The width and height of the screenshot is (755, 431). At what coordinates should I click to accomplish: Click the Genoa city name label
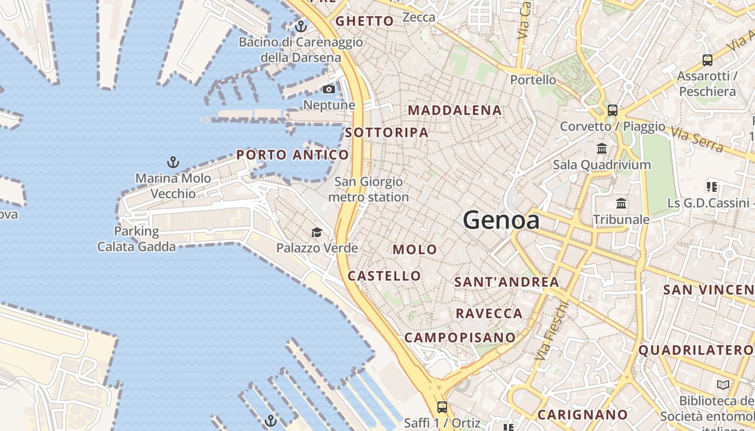coord(501,220)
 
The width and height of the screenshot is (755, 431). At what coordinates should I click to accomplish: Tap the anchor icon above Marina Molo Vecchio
coord(173,162)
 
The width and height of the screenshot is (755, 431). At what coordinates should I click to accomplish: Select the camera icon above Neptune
coord(329,89)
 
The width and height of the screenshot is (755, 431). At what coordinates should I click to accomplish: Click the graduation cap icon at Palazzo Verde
coord(317,232)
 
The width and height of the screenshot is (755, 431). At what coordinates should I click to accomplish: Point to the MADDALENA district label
coord(455,110)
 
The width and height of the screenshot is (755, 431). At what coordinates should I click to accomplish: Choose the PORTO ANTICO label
coord(292,155)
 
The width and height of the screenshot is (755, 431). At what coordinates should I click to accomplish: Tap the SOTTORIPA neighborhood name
coord(387,133)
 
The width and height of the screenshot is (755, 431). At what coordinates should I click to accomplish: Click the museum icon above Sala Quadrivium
coord(602,148)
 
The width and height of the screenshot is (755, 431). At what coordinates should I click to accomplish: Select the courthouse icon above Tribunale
coord(621,204)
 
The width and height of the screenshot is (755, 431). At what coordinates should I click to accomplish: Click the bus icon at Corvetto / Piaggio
coord(612,110)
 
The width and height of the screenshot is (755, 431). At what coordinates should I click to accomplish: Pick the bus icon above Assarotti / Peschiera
coord(707,60)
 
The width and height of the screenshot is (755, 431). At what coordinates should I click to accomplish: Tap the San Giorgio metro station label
coord(368,190)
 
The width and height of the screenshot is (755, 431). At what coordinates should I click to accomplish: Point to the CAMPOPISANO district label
coord(460,338)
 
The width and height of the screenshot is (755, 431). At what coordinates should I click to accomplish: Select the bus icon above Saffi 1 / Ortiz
coord(442,407)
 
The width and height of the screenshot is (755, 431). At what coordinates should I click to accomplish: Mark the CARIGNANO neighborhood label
coord(582,415)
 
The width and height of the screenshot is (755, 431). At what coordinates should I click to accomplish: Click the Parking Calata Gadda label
coord(136,239)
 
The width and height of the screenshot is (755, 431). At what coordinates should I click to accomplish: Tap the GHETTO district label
coord(365,22)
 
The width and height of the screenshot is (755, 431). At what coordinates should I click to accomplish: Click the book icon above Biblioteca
coord(723,385)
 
